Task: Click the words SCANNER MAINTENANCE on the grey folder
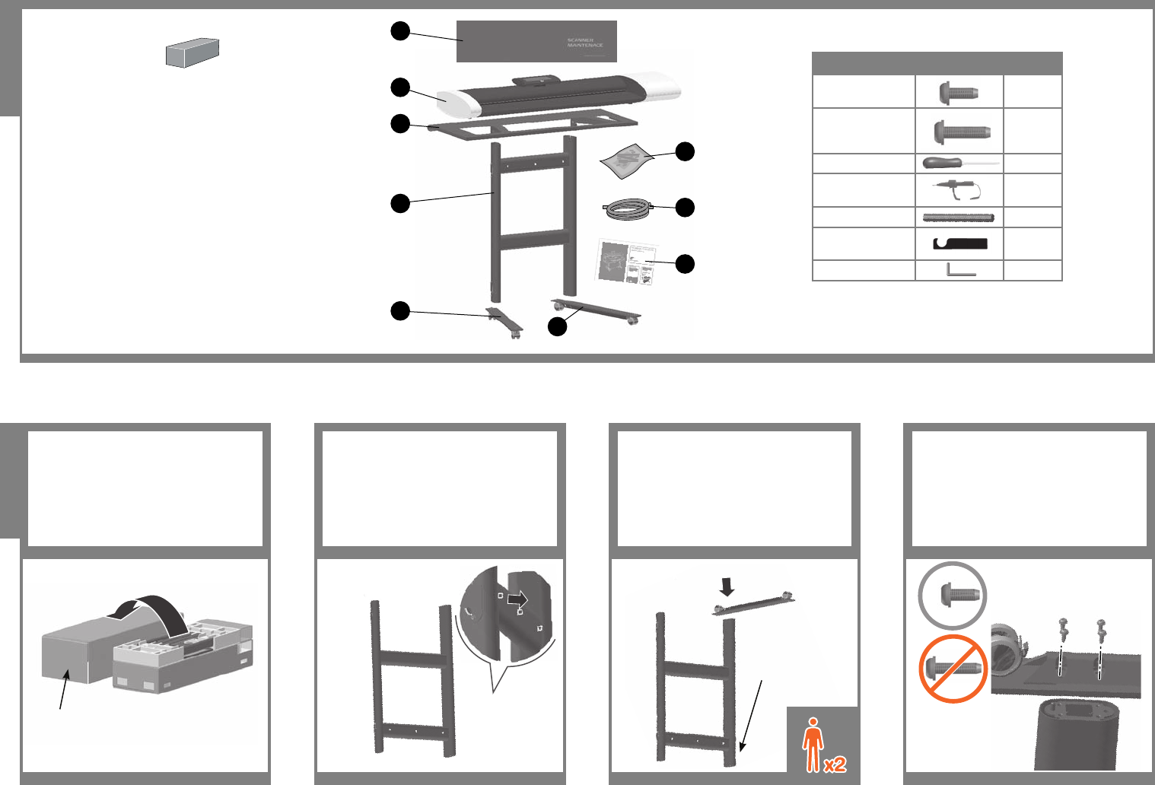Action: pos(585,43)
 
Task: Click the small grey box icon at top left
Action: pos(192,52)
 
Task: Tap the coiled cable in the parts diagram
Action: pos(628,208)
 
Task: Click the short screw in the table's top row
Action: pos(959,92)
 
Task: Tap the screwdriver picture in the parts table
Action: pos(959,164)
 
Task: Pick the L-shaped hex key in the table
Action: pos(959,270)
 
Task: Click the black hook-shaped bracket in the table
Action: pos(959,244)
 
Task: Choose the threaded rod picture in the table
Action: pos(959,218)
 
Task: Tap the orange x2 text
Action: pos(835,764)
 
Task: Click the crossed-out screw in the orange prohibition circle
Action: pos(952,669)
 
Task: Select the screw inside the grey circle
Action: pos(953,596)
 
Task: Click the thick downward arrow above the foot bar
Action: pos(727,586)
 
